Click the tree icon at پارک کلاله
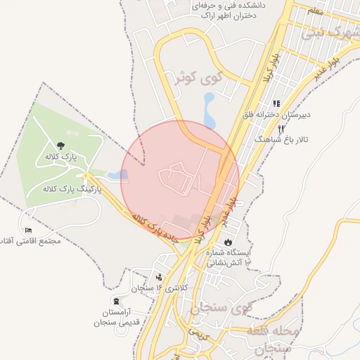point(60,145)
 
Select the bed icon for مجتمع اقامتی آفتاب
point(29,230)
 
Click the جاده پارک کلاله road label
point(157,226)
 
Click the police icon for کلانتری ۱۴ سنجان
point(160,276)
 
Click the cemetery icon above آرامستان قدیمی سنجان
point(115,300)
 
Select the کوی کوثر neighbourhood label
point(221,78)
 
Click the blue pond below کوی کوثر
point(209,110)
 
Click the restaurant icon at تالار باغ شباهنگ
point(281,129)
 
